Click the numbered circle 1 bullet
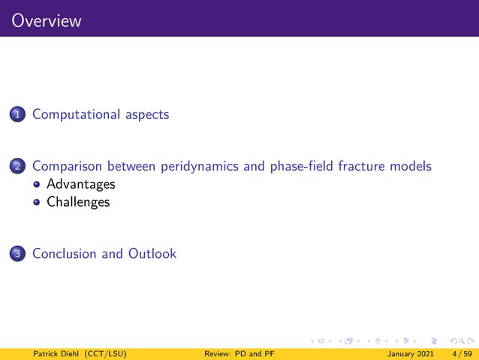click(17, 115)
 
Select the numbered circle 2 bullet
click(17, 167)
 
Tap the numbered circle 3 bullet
click(17, 254)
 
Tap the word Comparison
click(67, 166)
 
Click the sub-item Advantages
click(81, 184)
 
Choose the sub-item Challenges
click(78, 202)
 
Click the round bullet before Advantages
click(38, 184)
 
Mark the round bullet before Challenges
click(38, 202)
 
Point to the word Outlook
click(152, 254)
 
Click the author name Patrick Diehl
click(50, 353)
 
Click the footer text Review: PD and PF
click(239, 353)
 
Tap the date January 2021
click(411, 353)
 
